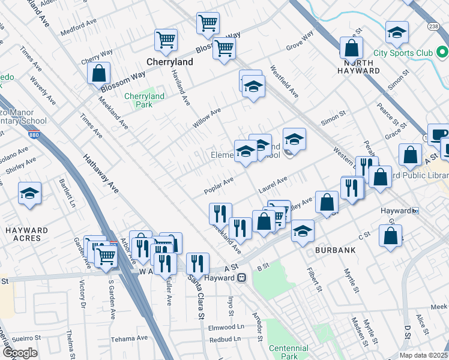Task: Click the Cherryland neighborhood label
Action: [x=170, y=62]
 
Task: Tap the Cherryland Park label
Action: [x=144, y=100]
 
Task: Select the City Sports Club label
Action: [x=403, y=53]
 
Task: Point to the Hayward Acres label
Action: [x=26, y=234]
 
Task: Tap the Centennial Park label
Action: [x=289, y=352]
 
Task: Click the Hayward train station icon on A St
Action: [x=242, y=277]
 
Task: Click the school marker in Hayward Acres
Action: [x=29, y=194]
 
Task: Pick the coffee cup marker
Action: [x=438, y=134]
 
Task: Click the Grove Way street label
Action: [x=300, y=42]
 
